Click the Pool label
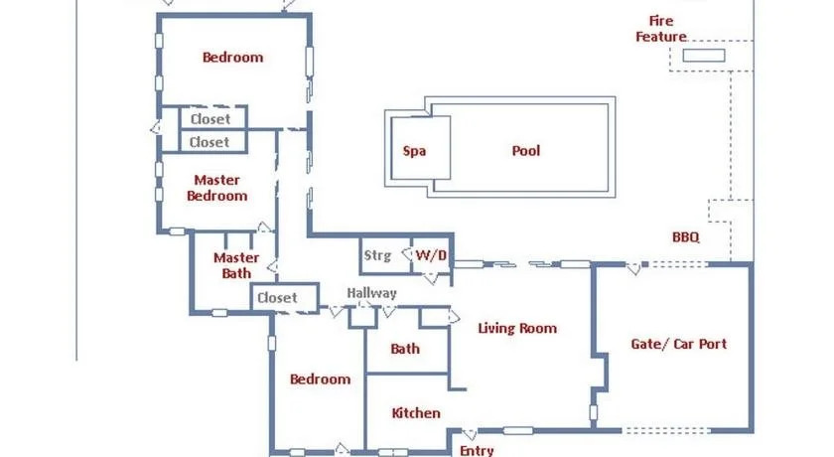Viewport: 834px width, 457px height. click(525, 151)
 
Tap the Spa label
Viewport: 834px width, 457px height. click(414, 151)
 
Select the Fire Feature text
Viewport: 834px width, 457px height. click(661, 29)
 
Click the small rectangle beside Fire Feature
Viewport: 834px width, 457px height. click(704, 56)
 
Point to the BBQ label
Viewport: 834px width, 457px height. click(686, 237)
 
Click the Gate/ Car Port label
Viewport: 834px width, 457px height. click(679, 344)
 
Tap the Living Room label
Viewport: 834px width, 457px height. click(517, 328)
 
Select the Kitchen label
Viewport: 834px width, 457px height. click(416, 413)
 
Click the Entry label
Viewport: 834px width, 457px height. click(477, 451)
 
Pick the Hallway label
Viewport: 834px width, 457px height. click(371, 293)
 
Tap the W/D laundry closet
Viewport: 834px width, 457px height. click(431, 255)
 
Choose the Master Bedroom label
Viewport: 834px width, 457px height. click(217, 188)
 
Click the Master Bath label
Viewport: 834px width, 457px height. click(236, 265)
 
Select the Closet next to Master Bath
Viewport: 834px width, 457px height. click(277, 298)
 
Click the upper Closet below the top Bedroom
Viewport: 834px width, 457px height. click(210, 119)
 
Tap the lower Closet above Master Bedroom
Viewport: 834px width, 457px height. click(209, 142)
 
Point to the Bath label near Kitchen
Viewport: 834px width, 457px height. click(405, 349)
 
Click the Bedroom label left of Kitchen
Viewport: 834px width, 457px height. click(320, 380)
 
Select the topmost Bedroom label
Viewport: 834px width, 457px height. click(233, 58)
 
